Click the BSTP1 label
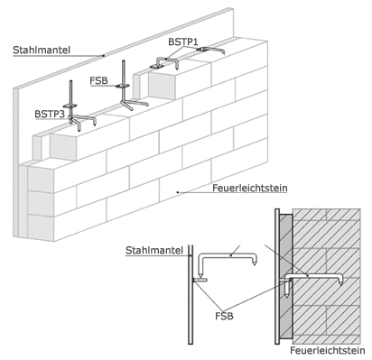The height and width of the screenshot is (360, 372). tap(183, 42)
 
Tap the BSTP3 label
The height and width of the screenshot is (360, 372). tap(50, 114)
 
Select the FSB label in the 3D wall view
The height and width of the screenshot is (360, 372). tap(98, 80)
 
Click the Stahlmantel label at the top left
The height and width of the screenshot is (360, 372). tap(42, 50)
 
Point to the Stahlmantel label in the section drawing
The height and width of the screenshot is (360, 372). tap(154, 250)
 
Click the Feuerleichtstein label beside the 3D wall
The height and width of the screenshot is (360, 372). tap(250, 189)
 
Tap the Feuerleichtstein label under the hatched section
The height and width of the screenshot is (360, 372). tap(328, 350)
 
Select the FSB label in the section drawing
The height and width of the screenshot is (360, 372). tap(224, 316)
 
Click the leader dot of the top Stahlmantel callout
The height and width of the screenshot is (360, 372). tap(104, 55)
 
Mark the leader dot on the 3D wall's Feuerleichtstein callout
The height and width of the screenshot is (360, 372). tap(178, 192)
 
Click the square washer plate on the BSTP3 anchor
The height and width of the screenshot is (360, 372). tap(70, 106)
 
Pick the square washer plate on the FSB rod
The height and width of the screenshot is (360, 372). tap(123, 87)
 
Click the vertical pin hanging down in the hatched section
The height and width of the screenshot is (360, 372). tap(288, 290)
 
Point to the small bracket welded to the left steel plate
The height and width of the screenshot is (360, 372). tap(200, 280)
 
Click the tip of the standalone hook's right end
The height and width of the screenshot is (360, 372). tap(255, 265)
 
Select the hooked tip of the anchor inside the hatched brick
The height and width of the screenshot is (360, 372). tap(340, 284)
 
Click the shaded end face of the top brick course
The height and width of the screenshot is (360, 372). tap(162, 86)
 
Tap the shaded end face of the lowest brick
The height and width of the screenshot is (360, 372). tap(41, 227)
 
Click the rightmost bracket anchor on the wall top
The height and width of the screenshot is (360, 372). tap(210, 50)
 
